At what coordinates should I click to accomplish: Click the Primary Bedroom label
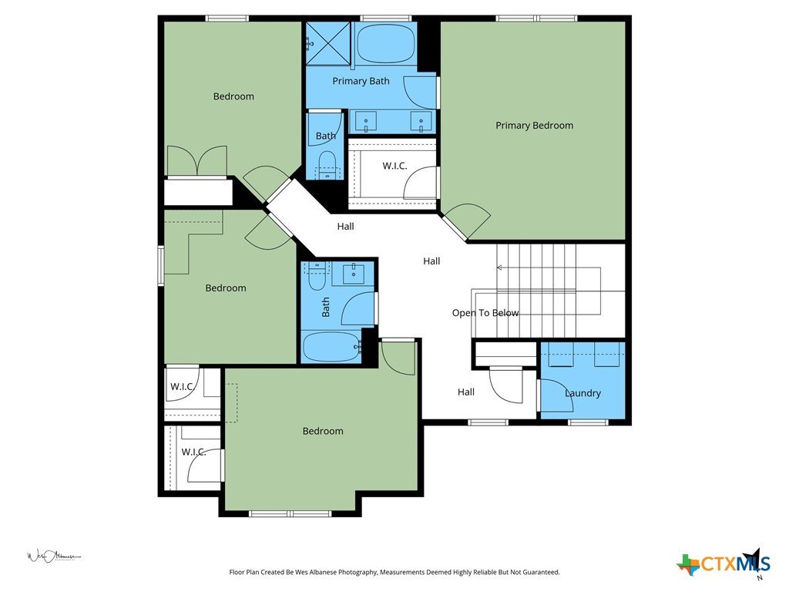point(534,126)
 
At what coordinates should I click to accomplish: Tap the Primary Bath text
point(361,81)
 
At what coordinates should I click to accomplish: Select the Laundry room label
point(583,393)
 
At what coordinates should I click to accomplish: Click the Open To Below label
point(485,313)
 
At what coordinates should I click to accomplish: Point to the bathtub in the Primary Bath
point(385,44)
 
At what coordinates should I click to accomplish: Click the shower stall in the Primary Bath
point(328,44)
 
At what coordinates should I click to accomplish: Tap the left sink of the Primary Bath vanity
point(366,122)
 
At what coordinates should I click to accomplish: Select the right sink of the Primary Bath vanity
point(421,122)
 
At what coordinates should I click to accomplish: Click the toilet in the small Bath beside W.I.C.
point(327,165)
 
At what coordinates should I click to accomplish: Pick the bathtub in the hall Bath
point(331,347)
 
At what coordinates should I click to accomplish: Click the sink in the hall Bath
point(354,274)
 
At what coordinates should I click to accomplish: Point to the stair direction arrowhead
point(499,267)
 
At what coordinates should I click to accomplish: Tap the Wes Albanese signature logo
point(53,557)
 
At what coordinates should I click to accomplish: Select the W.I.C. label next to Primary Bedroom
point(394,166)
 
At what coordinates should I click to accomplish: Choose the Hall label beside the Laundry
point(466,392)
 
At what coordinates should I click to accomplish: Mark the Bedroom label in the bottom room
point(323,431)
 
